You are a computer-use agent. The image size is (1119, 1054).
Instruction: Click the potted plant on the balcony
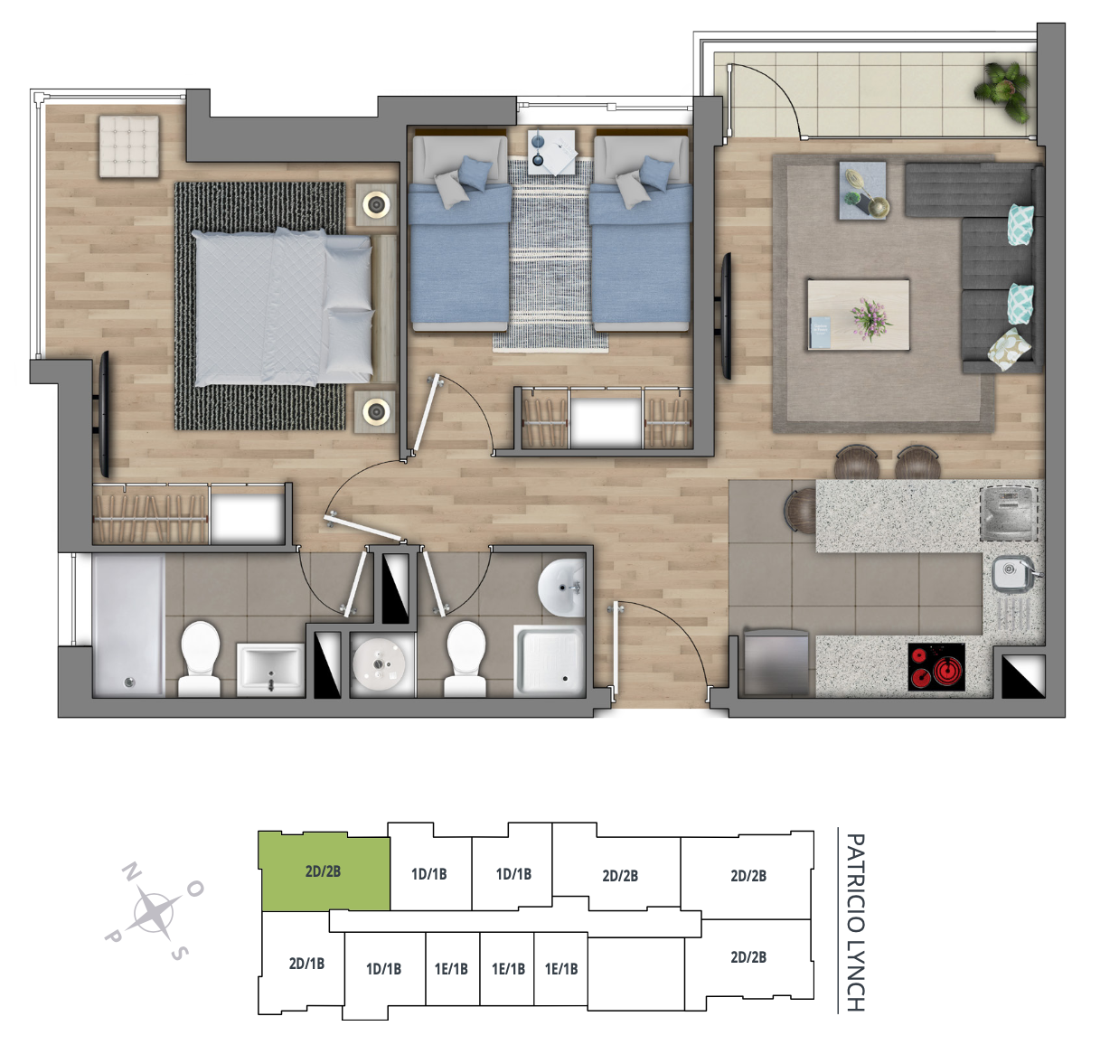click(x=1004, y=91)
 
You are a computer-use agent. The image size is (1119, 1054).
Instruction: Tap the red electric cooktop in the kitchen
click(x=936, y=667)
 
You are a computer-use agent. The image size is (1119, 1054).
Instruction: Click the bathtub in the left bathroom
click(x=129, y=625)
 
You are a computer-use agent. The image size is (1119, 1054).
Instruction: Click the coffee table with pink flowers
click(x=858, y=315)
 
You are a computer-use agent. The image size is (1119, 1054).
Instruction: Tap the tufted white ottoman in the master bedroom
click(x=129, y=146)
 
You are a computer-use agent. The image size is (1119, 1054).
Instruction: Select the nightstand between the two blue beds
click(x=551, y=152)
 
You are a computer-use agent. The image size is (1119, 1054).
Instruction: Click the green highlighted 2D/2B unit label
click(x=323, y=871)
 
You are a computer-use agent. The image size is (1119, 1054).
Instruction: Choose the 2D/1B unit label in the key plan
click(x=306, y=964)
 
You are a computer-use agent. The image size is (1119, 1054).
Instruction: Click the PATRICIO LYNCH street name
click(x=855, y=923)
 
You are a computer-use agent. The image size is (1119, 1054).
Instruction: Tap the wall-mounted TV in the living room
click(x=727, y=315)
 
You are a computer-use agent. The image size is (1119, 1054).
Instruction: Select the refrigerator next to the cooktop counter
click(x=776, y=663)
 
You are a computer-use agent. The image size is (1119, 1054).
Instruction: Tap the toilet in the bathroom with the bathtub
click(x=200, y=658)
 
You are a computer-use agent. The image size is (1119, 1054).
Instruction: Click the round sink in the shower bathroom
click(x=561, y=588)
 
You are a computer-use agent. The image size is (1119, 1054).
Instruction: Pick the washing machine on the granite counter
click(x=1009, y=513)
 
